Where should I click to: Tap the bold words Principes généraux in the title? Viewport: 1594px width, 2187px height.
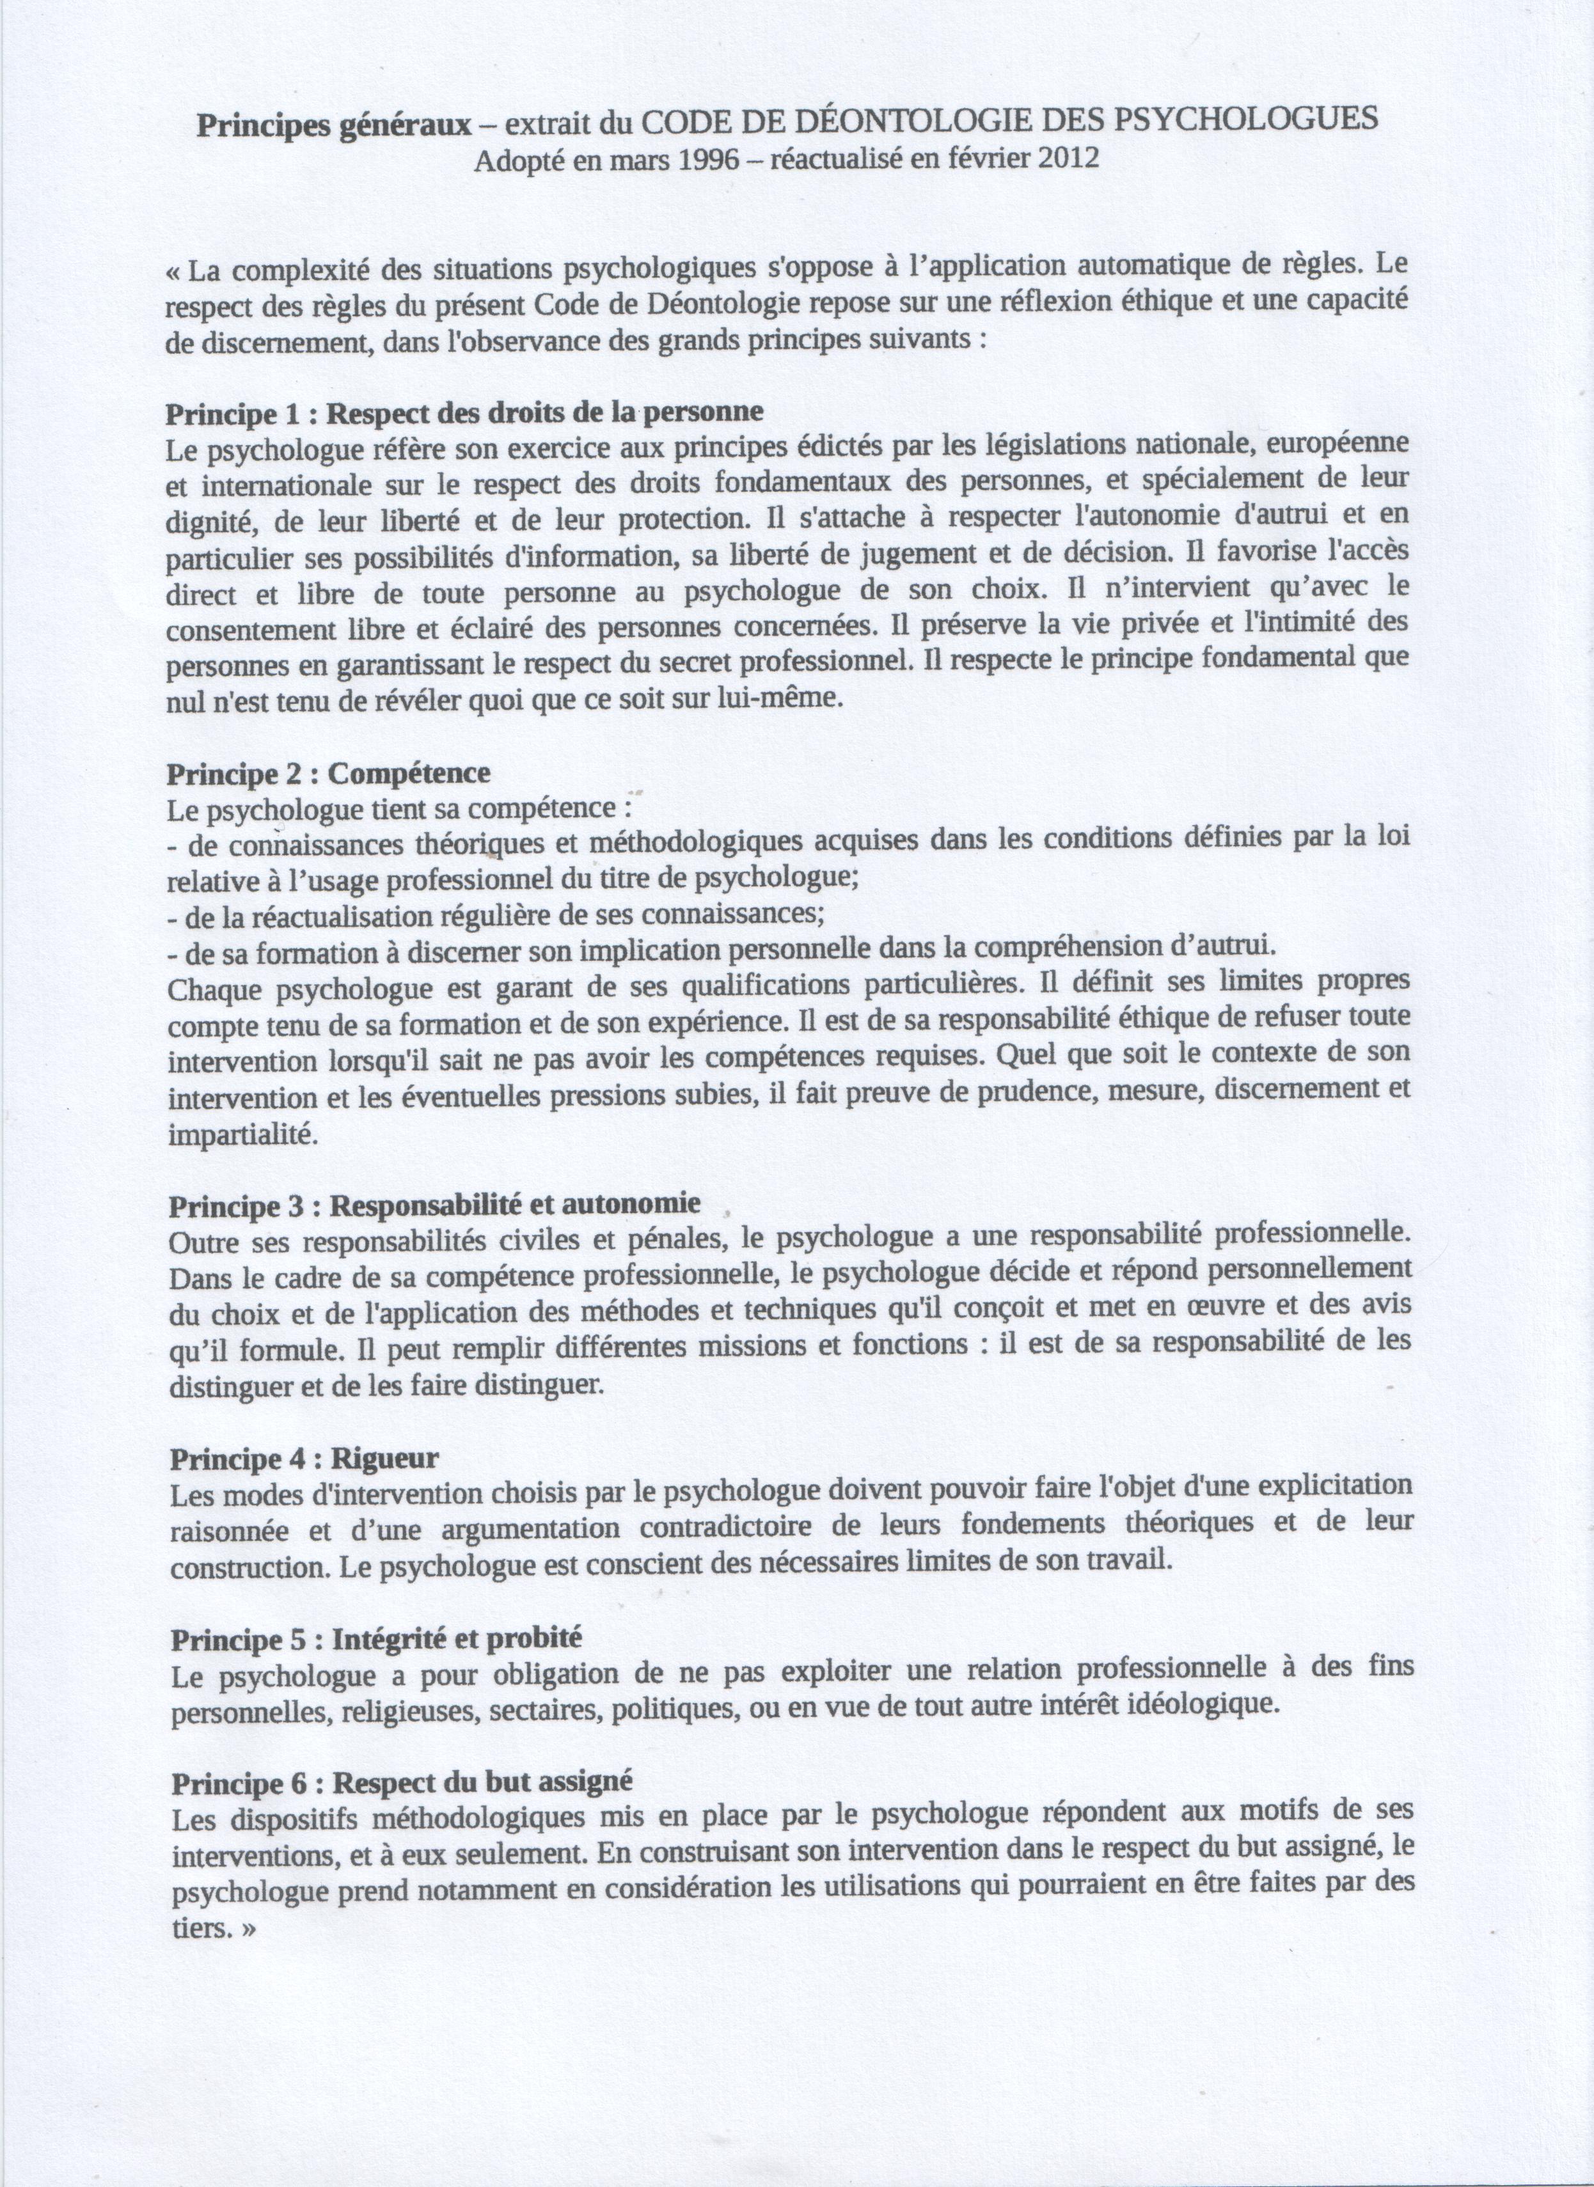pyautogui.click(x=335, y=125)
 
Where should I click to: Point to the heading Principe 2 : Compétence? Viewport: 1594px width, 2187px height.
pyautogui.click(x=328, y=774)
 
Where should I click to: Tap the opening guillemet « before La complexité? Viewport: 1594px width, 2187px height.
pyautogui.click(x=174, y=272)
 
